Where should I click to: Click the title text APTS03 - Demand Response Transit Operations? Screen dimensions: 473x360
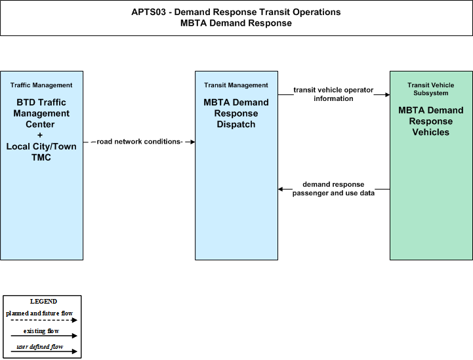tap(236, 12)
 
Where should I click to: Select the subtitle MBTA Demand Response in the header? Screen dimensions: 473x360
tap(236, 23)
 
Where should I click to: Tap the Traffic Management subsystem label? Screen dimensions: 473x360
tap(41, 85)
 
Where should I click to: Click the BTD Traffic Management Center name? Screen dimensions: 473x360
tap(41, 113)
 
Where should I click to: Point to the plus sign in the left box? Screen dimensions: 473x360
tap(40, 135)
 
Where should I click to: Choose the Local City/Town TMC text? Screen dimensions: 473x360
tap(41, 151)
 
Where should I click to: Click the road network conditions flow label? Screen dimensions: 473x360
tap(139, 142)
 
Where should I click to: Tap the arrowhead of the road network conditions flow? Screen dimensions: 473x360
tap(192, 142)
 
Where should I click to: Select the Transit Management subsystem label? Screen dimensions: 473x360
tap(236, 85)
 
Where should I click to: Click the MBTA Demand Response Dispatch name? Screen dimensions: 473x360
tap(236, 113)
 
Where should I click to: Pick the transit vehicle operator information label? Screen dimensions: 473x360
tap(333, 94)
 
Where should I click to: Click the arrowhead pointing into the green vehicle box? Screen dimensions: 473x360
tap(387, 94)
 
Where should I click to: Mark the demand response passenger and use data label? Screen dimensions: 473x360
tap(333, 189)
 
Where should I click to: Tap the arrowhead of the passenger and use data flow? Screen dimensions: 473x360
tap(281, 189)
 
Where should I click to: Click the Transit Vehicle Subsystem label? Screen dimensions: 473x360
tap(431, 89)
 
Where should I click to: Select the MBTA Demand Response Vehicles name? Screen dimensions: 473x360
tap(431, 121)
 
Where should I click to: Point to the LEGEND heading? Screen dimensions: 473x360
tap(43, 302)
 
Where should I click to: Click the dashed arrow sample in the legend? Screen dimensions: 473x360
tap(44, 320)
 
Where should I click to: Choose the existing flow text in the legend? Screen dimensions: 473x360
tap(41, 331)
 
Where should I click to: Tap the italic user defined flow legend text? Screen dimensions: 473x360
tap(40, 347)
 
